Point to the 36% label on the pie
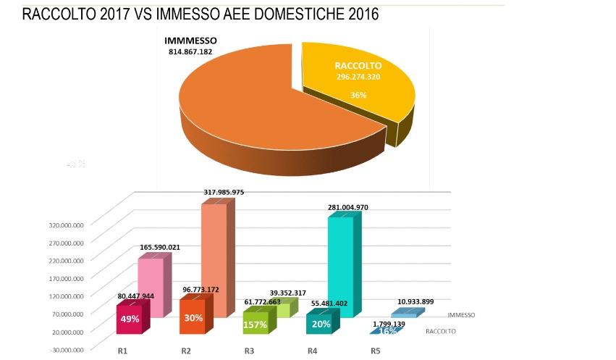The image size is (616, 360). pyautogui.click(x=358, y=95)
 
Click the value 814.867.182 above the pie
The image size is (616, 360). pyautogui.click(x=191, y=52)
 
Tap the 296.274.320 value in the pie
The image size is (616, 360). pyautogui.click(x=358, y=76)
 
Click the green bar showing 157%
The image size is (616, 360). pyautogui.click(x=255, y=324)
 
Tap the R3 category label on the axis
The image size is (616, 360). pyautogui.click(x=248, y=351)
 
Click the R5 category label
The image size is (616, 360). pyautogui.click(x=375, y=351)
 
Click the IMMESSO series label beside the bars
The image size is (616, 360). pyautogui.click(x=461, y=315)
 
